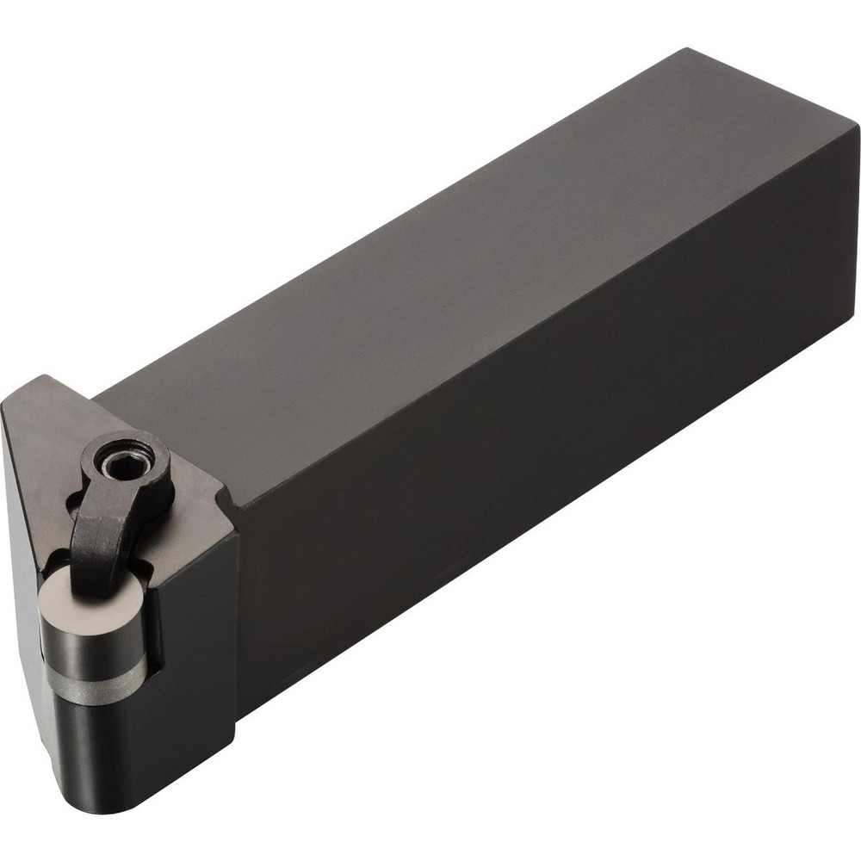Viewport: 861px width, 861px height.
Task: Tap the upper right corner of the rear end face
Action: pyautogui.click(x=858, y=129)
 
